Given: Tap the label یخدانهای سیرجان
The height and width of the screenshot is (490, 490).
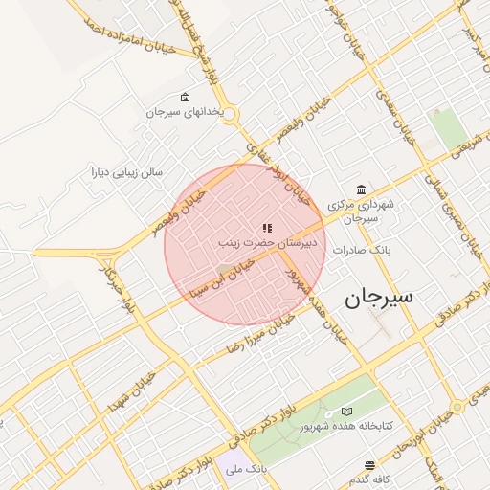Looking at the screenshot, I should point(185,112).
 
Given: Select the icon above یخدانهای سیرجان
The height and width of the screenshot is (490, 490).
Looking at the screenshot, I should point(185,98).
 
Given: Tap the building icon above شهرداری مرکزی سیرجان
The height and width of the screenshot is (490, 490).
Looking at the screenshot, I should point(360,189).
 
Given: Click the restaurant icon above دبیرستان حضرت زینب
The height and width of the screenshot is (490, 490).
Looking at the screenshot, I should point(266,228).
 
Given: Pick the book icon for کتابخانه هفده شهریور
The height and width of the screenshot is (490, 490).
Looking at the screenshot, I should point(345,411).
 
